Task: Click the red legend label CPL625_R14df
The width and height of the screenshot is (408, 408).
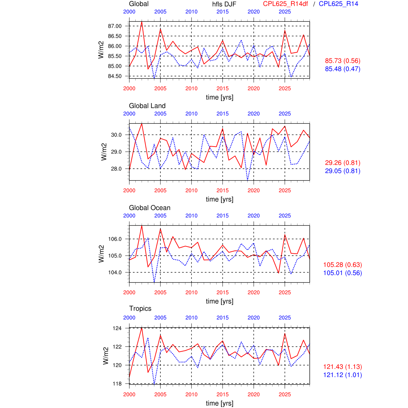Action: tap(286, 4)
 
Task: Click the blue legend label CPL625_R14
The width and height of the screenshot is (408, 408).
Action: tap(338, 4)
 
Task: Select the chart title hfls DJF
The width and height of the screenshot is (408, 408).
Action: tap(224, 4)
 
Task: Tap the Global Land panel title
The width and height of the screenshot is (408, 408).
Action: tap(147, 106)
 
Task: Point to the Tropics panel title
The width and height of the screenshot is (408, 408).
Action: tap(140, 308)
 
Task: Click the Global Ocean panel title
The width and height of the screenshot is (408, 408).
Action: tap(150, 208)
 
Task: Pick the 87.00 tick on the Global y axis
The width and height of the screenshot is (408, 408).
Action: tap(115, 26)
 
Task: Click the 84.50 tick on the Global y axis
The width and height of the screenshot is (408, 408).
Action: tap(115, 76)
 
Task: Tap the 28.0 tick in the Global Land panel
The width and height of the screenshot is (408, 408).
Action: tap(116, 169)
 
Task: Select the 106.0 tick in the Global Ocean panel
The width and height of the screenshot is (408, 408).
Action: tap(115, 239)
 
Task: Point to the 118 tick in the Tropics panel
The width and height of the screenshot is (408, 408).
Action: tap(117, 384)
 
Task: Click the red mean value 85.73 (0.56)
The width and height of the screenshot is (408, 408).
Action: tap(342, 61)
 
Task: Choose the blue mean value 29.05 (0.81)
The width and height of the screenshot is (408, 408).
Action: tap(342, 171)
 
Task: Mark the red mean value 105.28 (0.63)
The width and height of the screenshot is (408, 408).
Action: tap(342, 265)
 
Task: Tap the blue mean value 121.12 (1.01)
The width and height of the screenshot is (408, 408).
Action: tap(342, 375)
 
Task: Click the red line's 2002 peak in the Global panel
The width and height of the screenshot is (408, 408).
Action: tap(142, 22)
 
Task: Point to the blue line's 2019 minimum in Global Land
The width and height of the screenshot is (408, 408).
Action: tap(248, 180)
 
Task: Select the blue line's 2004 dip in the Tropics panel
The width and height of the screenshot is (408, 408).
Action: tap(154, 384)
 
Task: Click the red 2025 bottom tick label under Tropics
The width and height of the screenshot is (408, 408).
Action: tap(285, 394)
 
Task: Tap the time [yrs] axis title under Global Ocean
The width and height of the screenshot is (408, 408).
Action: tap(219, 301)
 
